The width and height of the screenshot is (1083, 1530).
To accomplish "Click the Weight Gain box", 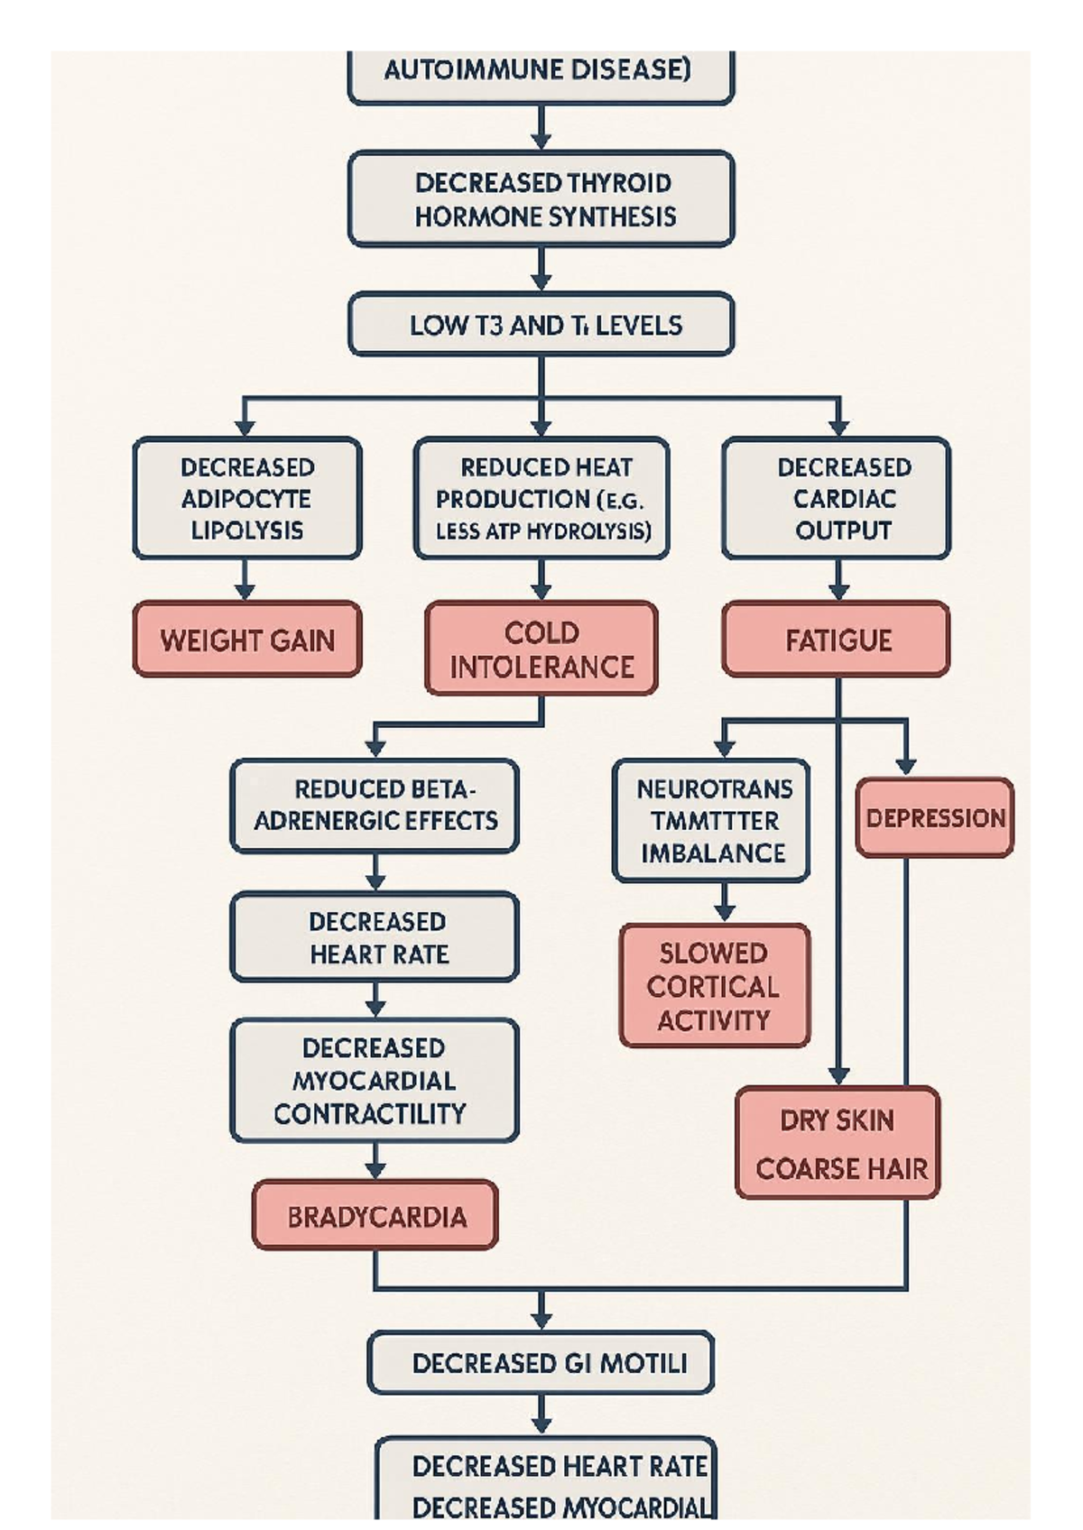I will (247, 640).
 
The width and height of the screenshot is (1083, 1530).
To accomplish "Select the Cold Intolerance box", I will (541, 649).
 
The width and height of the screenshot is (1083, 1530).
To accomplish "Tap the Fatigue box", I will (837, 640).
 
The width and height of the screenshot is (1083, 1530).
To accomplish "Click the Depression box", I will (935, 817).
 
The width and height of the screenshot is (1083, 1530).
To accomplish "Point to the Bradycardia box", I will (375, 1216).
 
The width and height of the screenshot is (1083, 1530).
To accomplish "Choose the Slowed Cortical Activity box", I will (714, 986).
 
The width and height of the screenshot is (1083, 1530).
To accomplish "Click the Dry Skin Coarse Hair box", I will (838, 1143).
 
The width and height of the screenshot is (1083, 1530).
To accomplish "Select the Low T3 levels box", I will (541, 325).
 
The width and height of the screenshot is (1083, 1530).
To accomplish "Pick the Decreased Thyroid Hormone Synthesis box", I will (541, 199).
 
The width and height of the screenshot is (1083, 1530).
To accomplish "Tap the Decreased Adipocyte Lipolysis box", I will (247, 498).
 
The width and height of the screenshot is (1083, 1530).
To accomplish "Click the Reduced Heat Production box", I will (541, 498).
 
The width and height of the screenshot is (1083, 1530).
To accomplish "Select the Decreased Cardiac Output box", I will (837, 498).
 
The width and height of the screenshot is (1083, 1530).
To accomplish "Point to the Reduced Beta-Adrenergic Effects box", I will (375, 805).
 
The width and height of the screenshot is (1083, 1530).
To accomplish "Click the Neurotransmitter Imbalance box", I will (712, 820).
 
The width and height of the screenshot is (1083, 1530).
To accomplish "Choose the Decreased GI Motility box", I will (541, 1362).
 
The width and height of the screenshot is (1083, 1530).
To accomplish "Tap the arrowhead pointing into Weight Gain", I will (245, 591).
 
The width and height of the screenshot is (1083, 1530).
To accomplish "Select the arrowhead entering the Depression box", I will (905, 767).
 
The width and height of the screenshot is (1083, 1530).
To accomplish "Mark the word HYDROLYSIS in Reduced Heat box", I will (595, 531).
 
